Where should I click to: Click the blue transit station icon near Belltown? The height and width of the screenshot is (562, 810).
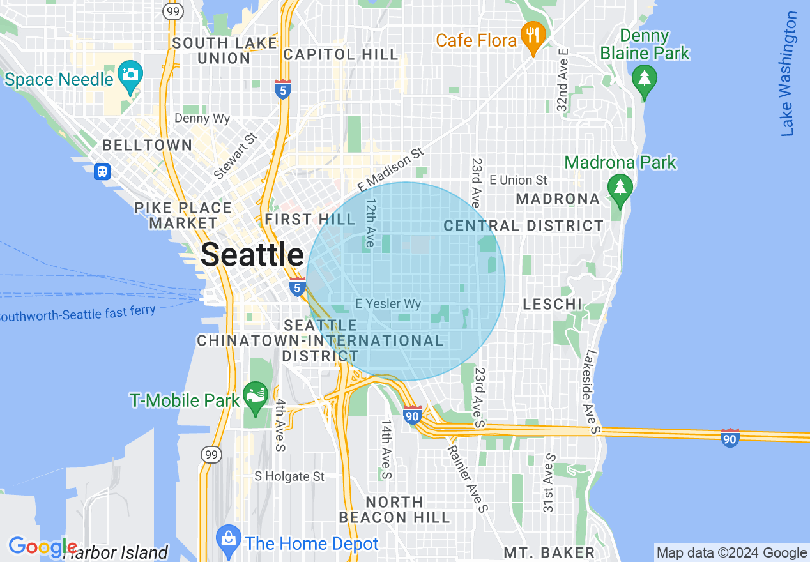[x=102, y=171]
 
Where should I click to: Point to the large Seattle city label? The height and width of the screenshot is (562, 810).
[x=252, y=255]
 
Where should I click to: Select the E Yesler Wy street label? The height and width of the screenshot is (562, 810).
[x=388, y=304]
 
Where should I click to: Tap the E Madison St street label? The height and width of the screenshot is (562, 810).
[x=391, y=170]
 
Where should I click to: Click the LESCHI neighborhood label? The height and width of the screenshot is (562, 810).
[x=553, y=304]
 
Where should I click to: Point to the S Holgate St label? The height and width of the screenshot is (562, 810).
[x=289, y=476]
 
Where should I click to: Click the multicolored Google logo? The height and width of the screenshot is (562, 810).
[x=42, y=547]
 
